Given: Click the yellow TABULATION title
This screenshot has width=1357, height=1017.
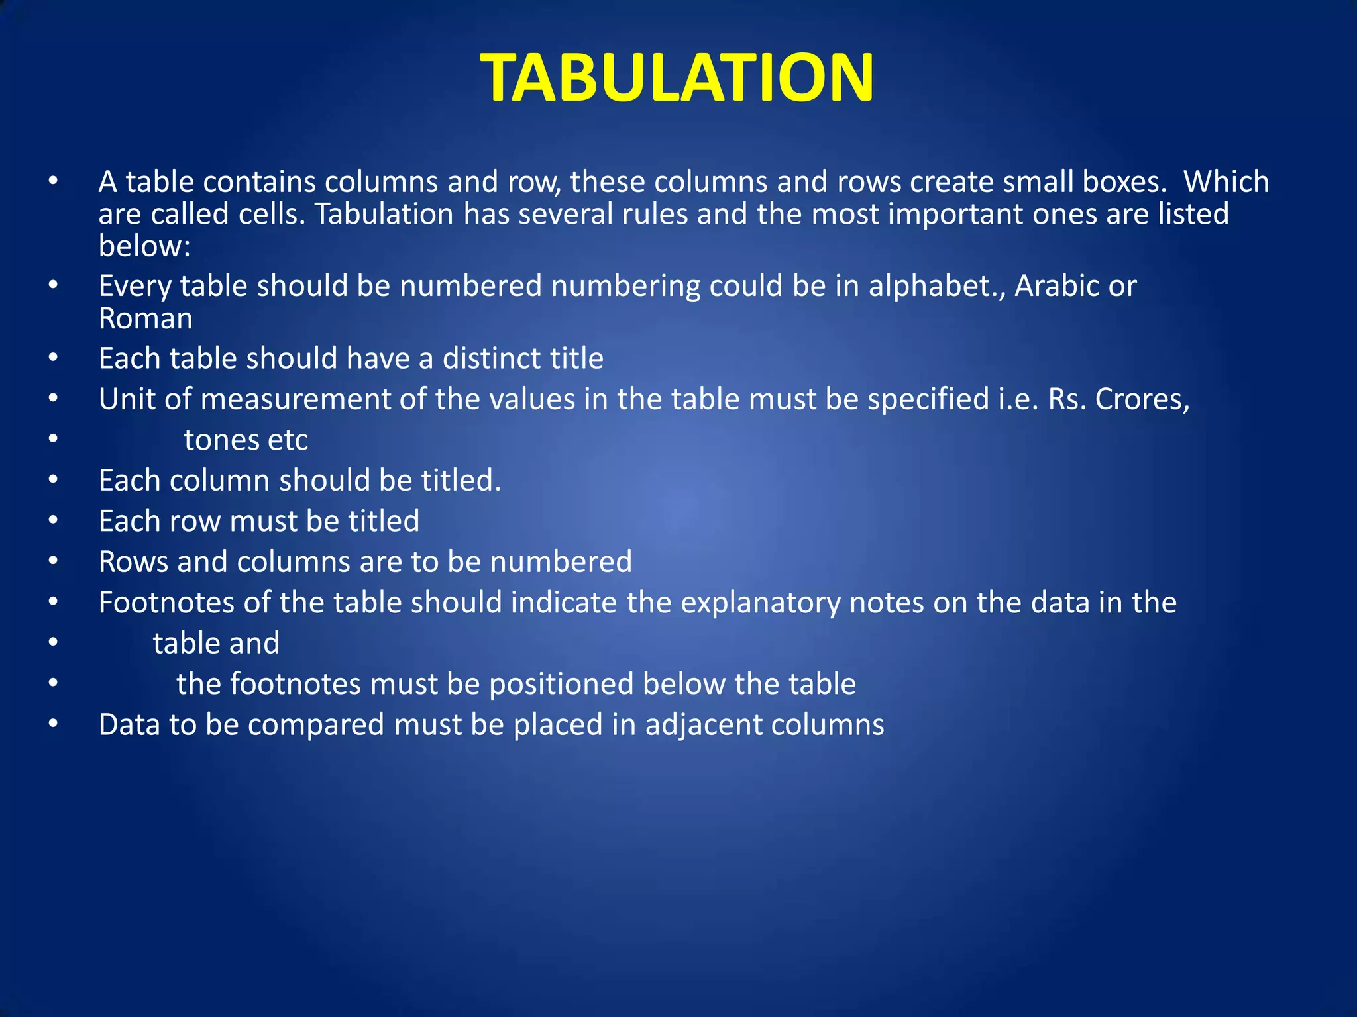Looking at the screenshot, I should (x=677, y=78).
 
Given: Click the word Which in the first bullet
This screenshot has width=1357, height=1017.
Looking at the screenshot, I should (x=1226, y=182).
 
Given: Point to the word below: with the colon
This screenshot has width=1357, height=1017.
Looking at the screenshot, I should (x=144, y=246).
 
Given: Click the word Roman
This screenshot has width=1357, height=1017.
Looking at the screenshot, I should (x=146, y=318).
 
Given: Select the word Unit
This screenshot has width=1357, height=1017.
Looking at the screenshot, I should (x=127, y=399).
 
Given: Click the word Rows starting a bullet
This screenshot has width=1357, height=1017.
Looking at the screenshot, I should (x=133, y=562).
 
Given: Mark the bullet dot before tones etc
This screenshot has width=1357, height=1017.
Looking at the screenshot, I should (x=54, y=440).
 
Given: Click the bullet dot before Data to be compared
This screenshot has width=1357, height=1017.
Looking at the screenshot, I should (x=54, y=724).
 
